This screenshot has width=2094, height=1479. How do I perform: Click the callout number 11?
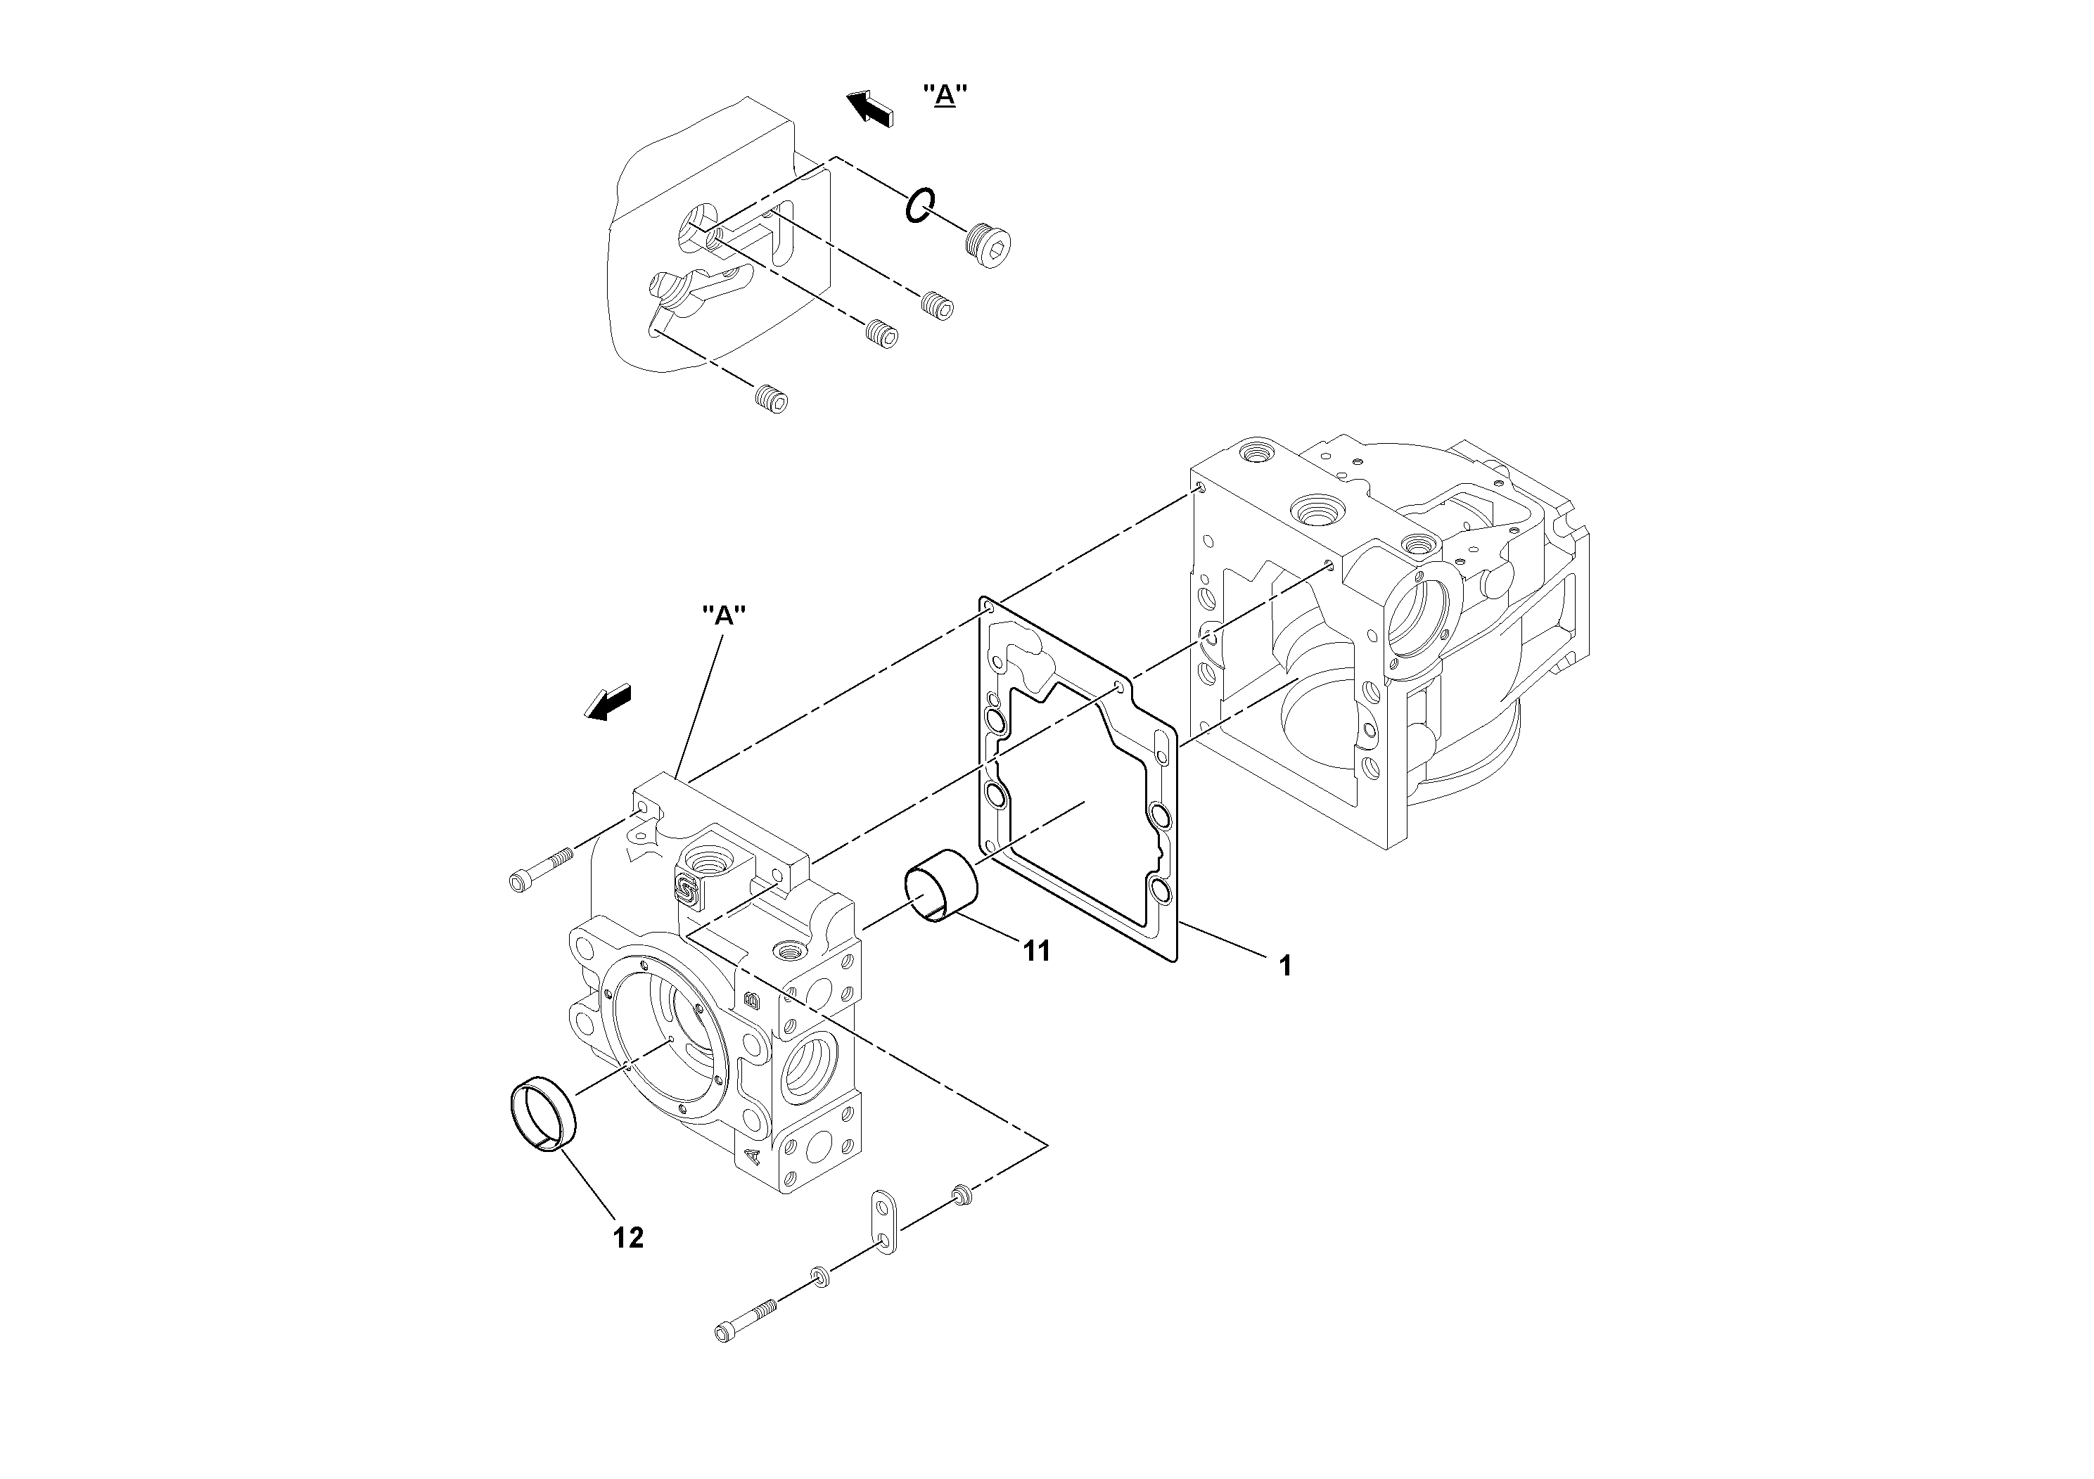[1036, 951]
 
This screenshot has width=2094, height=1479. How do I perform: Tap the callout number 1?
[1285, 966]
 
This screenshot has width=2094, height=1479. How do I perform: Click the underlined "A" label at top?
[945, 95]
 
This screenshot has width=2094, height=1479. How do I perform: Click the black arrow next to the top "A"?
[870, 108]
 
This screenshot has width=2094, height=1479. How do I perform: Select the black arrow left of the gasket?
[608, 702]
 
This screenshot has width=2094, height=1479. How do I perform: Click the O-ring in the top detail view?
[919, 206]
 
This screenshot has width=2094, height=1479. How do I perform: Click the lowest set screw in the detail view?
[772, 399]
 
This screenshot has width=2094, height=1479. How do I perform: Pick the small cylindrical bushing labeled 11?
[940, 885]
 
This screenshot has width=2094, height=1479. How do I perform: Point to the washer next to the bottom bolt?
[819, 1276]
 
